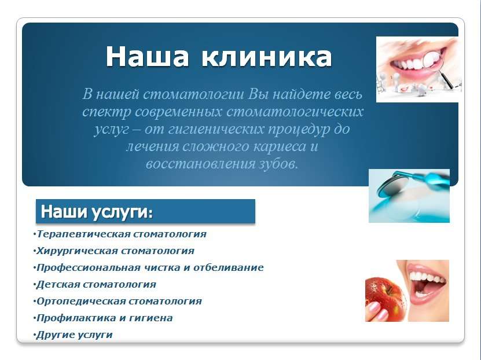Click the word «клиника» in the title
click(x=267, y=57)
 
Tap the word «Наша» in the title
click(x=147, y=56)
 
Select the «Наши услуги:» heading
click(x=97, y=212)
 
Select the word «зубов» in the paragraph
click(x=278, y=163)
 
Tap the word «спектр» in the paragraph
click(x=107, y=112)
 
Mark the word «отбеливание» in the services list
click(x=228, y=267)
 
